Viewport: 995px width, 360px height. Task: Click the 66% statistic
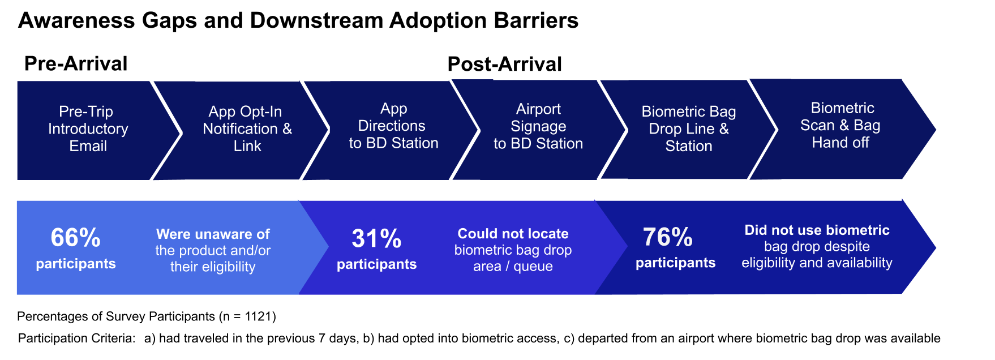point(75,238)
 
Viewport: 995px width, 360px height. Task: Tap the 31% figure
point(376,239)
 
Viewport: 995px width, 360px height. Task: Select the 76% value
point(668,237)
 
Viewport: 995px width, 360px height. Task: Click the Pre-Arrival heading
point(76,64)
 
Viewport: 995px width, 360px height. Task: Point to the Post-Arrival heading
point(504,65)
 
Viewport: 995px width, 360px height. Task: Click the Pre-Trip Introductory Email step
point(88,129)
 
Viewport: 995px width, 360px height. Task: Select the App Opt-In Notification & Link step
point(247,129)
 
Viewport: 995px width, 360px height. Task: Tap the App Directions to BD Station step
point(393,126)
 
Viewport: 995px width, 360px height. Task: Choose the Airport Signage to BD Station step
point(538,127)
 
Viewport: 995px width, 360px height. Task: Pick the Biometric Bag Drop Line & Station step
point(688,129)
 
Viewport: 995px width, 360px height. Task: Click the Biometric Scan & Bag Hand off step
point(840,126)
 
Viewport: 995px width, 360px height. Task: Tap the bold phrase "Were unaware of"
point(213,234)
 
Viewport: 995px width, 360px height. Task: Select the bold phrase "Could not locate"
point(513,234)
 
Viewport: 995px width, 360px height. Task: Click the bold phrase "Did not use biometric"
point(817,230)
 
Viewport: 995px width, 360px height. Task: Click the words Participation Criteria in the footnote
point(76,338)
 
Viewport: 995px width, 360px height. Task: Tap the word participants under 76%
point(675,263)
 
